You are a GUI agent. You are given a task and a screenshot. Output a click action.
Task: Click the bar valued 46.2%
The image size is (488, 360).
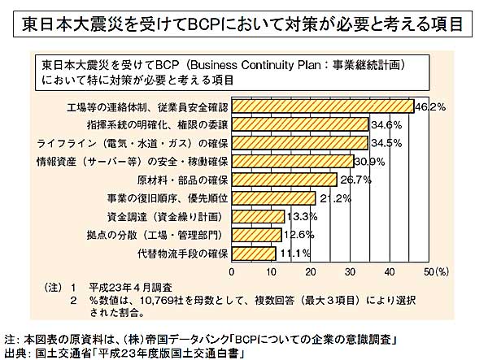tap(323, 106)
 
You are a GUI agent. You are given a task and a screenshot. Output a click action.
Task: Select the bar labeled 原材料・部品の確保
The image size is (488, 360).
tap(285, 179)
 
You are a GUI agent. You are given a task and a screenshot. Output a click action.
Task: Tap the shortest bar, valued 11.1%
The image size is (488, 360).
tap(255, 253)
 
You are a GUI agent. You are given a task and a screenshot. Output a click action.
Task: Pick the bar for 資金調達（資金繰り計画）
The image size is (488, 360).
tap(259, 216)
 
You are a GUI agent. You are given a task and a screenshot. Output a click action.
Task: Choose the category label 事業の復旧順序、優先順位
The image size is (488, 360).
tap(170, 197)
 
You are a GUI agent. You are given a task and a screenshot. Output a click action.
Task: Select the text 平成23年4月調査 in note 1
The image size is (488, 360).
tap(119, 288)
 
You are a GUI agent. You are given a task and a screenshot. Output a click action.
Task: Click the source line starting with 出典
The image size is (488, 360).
tap(122, 352)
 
